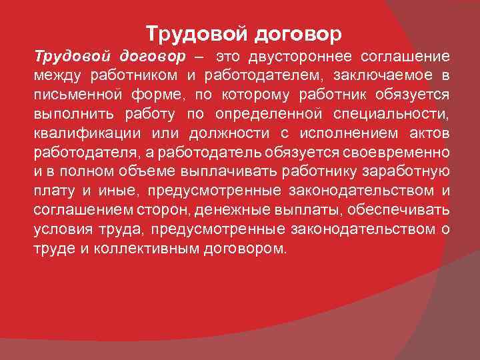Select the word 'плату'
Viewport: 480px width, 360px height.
52,191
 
